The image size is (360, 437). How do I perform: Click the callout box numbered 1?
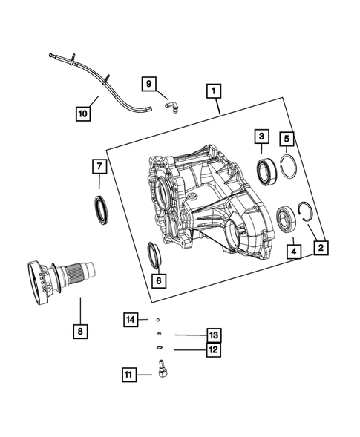pyautogui.click(x=213, y=91)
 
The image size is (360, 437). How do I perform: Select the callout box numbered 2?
pyautogui.click(x=320, y=247)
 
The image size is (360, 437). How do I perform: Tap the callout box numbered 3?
pyautogui.click(x=261, y=137)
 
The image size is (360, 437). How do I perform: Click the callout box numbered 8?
pyautogui.click(x=80, y=330)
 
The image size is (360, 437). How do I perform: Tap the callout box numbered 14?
pyautogui.click(x=131, y=319)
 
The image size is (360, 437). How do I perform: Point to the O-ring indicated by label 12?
pyautogui.click(x=159, y=347)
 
